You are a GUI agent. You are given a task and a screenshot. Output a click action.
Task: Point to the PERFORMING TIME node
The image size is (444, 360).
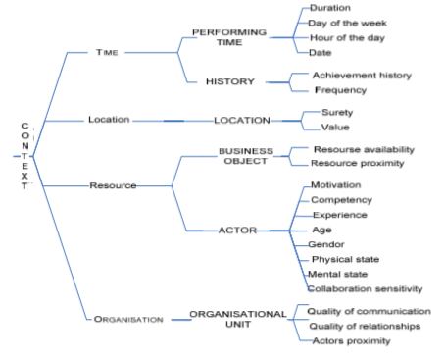click(228, 37)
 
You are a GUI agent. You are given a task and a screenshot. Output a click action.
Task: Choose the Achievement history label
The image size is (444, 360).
click(362, 75)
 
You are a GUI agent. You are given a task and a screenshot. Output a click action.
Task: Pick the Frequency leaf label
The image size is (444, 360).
click(340, 89)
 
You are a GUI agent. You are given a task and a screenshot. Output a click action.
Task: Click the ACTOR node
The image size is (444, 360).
click(236, 231)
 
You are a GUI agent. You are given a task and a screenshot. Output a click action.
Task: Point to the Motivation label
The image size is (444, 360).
click(336, 185)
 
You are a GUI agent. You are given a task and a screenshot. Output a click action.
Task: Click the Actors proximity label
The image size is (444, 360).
click(349, 340)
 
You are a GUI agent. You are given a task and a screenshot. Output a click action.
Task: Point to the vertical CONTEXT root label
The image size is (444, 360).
click(25, 156)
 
